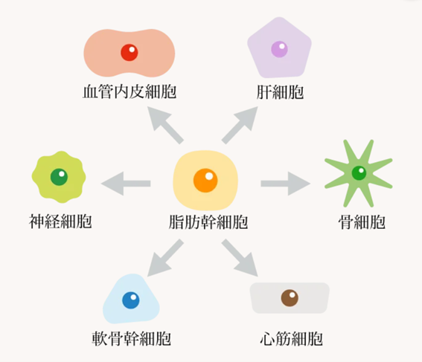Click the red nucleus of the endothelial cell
click(130, 53)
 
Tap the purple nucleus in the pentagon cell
click(279, 49)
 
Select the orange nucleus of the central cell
click(205, 181)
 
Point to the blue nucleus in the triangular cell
click(131, 300)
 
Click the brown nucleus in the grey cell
click(290, 298)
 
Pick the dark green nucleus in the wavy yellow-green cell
click(59, 177)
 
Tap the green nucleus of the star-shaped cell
click(359, 172)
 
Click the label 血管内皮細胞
click(130, 91)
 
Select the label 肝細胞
click(280, 92)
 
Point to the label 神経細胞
click(60, 222)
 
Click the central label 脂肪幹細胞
click(208, 222)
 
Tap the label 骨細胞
click(362, 222)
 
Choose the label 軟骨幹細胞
click(131, 338)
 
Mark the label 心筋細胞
click(292, 338)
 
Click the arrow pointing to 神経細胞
click(126, 184)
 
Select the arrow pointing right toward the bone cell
click(286, 184)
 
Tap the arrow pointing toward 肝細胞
click(240, 125)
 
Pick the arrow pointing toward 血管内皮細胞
click(165, 125)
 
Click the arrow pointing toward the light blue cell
click(165, 258)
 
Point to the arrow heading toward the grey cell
click(240, 258)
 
